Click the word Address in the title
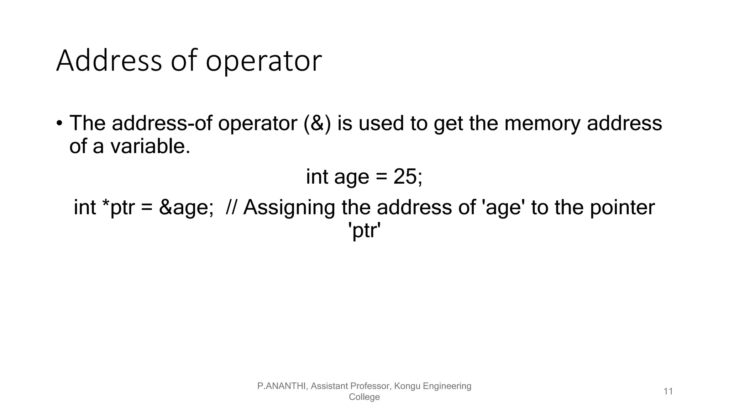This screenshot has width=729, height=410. click(109, 61)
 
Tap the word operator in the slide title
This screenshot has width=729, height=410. click(264, 62)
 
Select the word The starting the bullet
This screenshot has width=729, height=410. click(87, 123)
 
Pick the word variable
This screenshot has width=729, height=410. click(150, 146)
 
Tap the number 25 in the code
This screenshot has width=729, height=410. click(405, 177)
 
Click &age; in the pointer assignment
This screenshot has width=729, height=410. click(186, 208)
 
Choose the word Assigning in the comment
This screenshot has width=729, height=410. click(289, 208)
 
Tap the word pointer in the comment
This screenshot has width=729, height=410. click(622, 208)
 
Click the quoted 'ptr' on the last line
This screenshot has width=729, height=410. click(364, 231)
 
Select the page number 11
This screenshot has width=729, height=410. click(668, 391)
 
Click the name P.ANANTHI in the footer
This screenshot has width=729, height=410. click(282, 386)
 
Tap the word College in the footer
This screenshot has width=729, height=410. click(364, 397)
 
